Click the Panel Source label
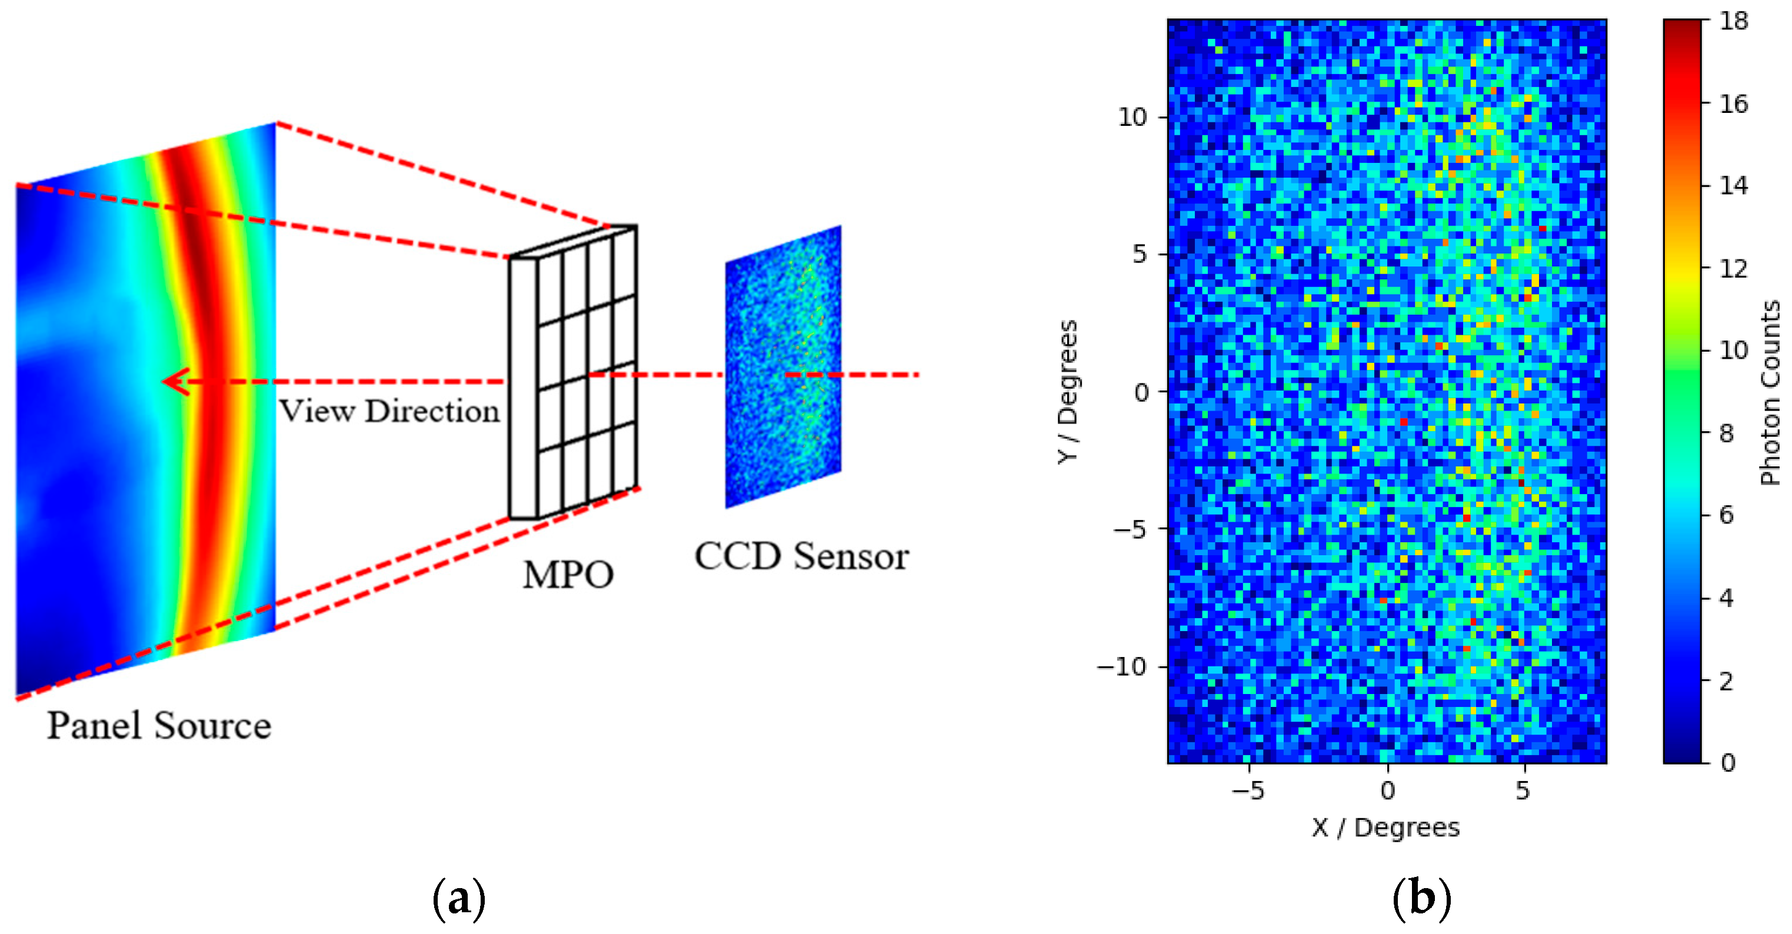click(159, 725)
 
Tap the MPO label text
click(568, 575)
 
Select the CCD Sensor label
click(801, 556)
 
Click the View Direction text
click(389, 411)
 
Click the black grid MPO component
click(573, 372)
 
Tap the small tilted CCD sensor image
click(783, 366)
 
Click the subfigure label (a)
click(458, 899)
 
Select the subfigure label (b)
click(1422, 899)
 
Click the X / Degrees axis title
click(1385, 828)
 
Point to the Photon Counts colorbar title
click(1770, 392)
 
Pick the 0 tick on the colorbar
click(1728, 763)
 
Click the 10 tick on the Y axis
click(1133, 117)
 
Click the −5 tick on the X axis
click(1248, 790)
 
